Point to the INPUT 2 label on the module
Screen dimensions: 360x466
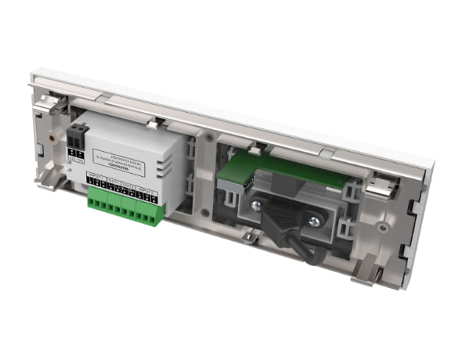[x=149, y=190]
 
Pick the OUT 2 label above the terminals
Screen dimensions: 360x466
[x=130, y=185]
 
